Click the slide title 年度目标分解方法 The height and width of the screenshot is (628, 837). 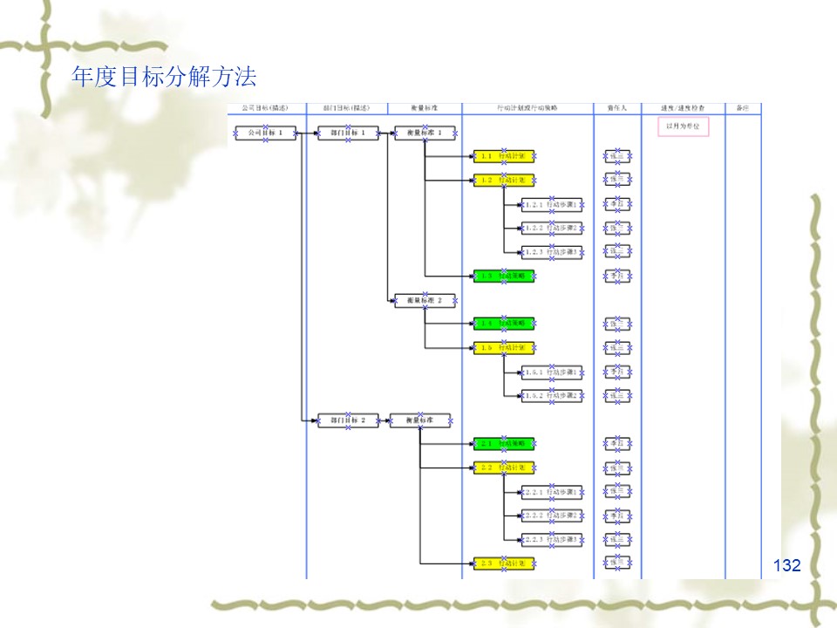point(164,78)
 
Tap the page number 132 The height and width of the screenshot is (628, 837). point(786,565)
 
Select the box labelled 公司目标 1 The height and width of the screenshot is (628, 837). point(266,133)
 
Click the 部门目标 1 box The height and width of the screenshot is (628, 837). point(349,133)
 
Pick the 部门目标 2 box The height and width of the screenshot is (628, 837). point(349,420)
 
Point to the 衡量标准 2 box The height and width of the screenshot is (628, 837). point(425,301)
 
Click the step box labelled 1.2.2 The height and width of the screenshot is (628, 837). point(552,229)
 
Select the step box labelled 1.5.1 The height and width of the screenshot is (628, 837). point(552,372)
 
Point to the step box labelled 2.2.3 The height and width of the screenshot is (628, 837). point(552,540)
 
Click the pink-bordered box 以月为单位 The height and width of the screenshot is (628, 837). point(683,127)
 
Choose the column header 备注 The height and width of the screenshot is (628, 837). point(743,108)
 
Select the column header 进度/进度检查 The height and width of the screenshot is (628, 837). point(683,108)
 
